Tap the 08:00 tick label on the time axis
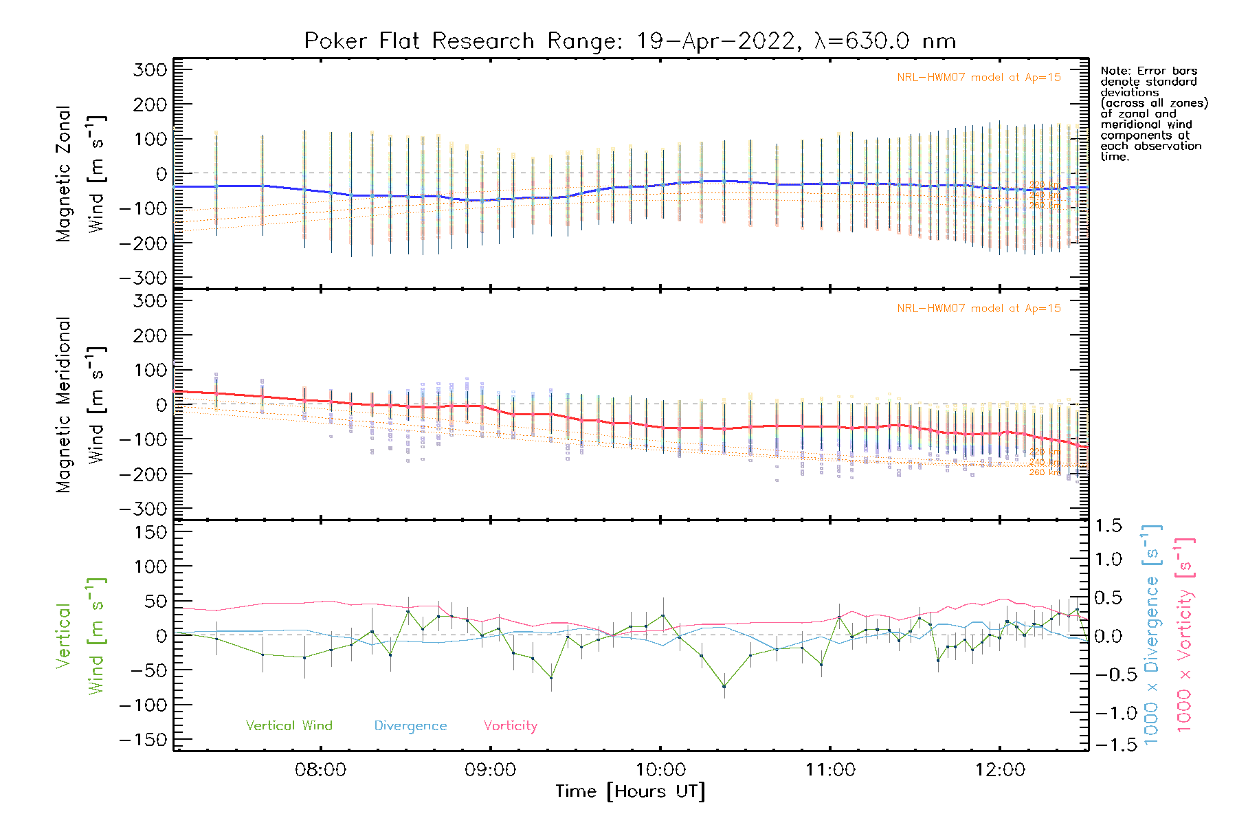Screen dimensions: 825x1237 [320, 769]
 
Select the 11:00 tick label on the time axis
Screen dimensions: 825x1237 [830, 769]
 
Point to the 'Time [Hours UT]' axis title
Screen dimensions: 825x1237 [630, 791]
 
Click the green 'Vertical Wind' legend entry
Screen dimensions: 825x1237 [289, 725]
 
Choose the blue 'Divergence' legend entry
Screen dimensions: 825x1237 [410, 725]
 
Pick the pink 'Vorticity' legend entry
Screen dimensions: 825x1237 [510, 725]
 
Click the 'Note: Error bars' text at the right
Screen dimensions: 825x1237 [1148, 71]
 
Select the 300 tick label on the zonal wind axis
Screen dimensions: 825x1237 [151, 69]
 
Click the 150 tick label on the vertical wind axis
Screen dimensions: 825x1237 [151, 532]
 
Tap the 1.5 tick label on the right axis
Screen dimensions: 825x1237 [1108, 526]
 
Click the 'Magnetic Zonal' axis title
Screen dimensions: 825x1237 [64, 173]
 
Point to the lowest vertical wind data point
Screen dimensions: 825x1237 [724, 686]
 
